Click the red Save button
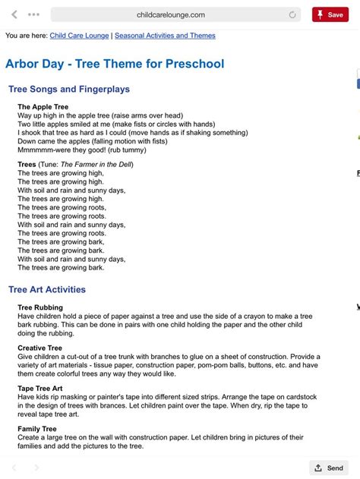click(x=330, y=14)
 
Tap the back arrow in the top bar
click(x=14, y=14)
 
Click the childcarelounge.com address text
click(x=171, y=14)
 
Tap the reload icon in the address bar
click(x=293, y=14)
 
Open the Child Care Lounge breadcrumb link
click(x=79, y=36)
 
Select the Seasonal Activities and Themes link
click(x=164, y=36)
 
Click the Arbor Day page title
click(x=115, y=64)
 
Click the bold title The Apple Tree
click(x=43, y=107)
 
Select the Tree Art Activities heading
click(x=47, y=289)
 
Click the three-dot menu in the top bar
click(x=33, y=14)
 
